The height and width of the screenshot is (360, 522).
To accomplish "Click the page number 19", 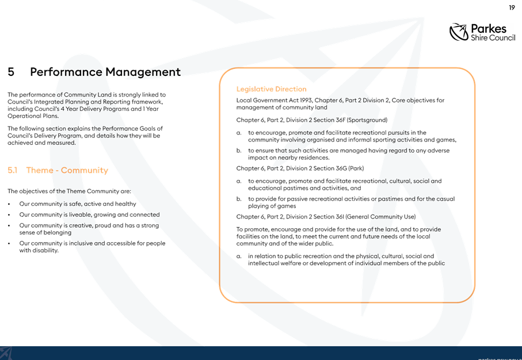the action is (512, 7).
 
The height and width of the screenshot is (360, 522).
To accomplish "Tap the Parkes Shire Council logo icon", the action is (459, 32).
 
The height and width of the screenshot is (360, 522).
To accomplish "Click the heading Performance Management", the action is (105, 72).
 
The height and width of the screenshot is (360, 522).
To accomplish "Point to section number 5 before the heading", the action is (11, 72).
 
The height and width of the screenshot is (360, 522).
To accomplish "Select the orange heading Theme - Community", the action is (67, 170).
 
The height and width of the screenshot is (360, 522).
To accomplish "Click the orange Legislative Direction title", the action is (271, 89).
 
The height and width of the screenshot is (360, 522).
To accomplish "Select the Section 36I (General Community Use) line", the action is (326, 217).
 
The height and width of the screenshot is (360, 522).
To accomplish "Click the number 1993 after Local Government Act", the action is (306, 100).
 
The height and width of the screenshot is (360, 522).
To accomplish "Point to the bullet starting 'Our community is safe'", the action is (78, 204).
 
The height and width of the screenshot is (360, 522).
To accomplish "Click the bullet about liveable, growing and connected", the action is (90, 215).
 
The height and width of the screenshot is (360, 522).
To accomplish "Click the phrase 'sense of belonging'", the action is (45, 232).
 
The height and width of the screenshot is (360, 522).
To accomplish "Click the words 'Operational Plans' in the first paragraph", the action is (33, 116).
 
